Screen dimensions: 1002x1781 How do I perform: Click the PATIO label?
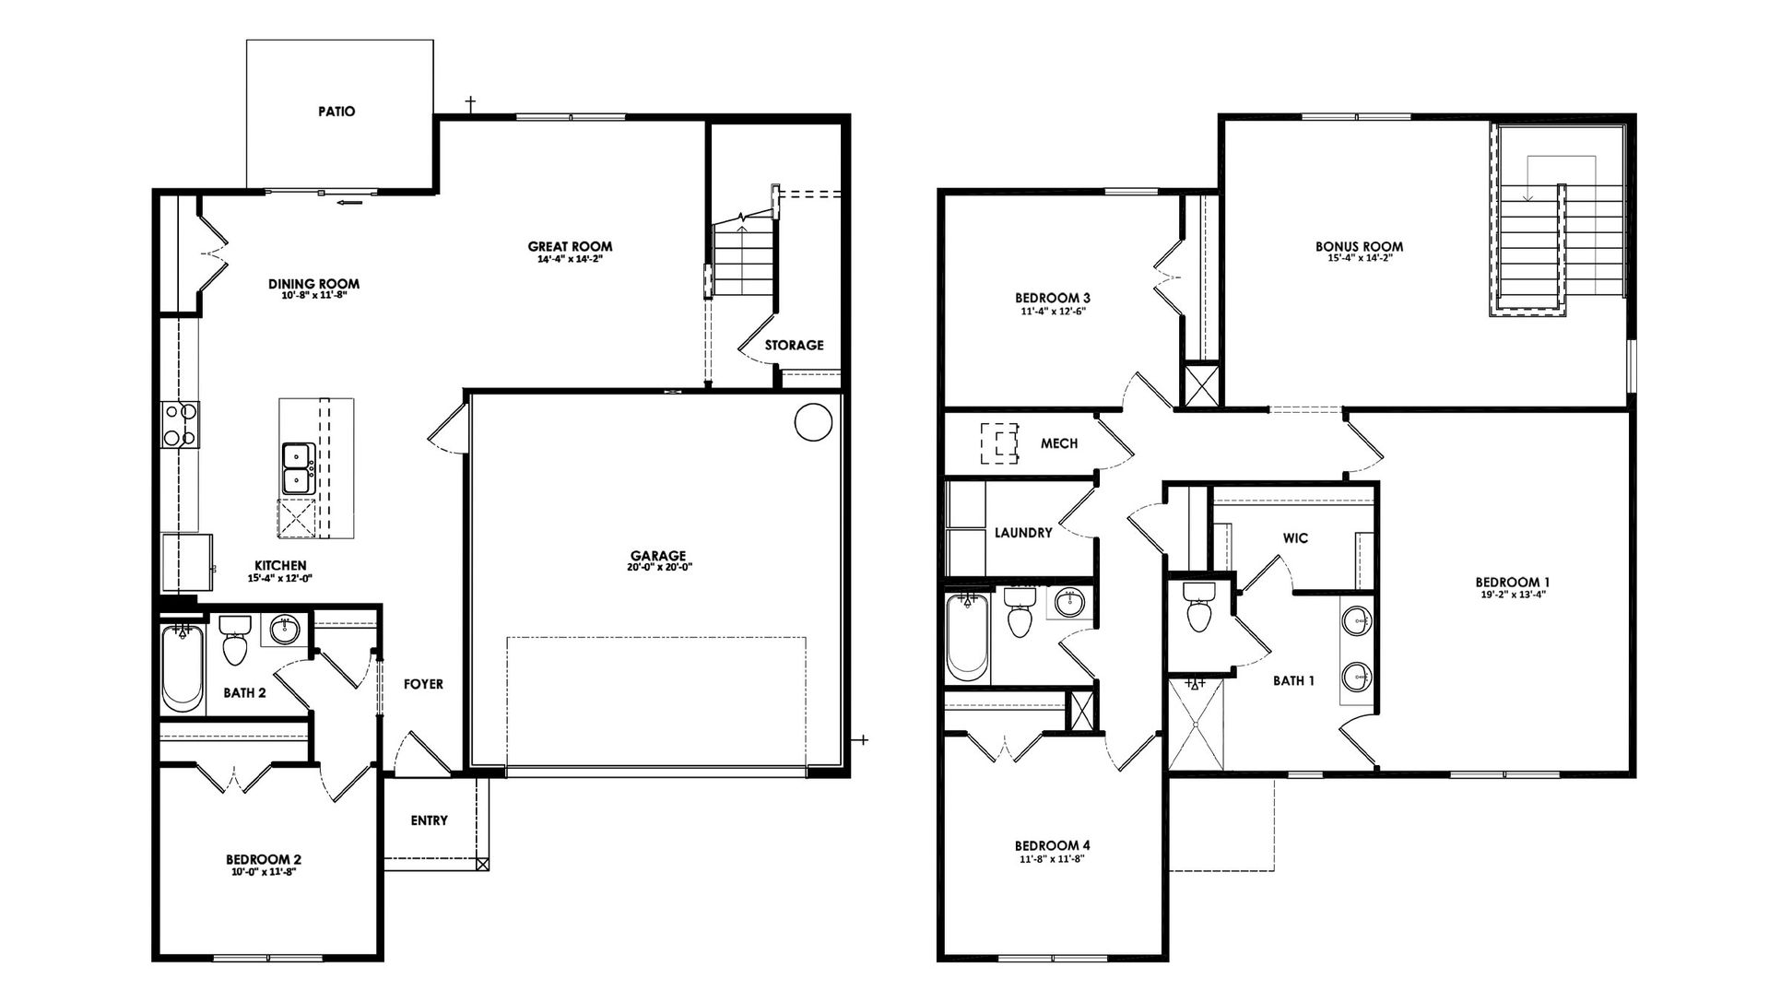[336, 112]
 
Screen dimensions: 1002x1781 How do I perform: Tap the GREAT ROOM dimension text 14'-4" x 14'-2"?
[570, 260]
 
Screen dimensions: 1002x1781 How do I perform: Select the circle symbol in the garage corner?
[813, 423]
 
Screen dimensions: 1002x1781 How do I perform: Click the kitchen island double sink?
[298, 468]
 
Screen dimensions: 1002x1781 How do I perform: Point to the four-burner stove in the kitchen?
[180, 424]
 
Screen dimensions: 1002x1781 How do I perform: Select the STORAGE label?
[794, 345]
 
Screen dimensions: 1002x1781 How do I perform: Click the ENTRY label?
[429, 820]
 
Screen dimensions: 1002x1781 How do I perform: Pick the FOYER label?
[423, 684]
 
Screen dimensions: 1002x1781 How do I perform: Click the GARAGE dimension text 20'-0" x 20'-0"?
[658, 568]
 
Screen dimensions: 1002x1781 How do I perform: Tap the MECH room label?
[1059, 443]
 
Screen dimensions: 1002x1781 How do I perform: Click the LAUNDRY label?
[1023, 533]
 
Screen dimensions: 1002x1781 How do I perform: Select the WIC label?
[1295, 538]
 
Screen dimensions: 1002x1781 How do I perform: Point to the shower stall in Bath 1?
[1197, 725]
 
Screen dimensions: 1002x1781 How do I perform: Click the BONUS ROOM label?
[1359, 246]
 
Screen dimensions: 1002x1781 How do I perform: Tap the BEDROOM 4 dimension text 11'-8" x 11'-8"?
[1052, 858]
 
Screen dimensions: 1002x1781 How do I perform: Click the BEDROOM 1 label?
[1512, 582]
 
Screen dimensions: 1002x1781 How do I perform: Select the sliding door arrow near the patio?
[348, 202]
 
